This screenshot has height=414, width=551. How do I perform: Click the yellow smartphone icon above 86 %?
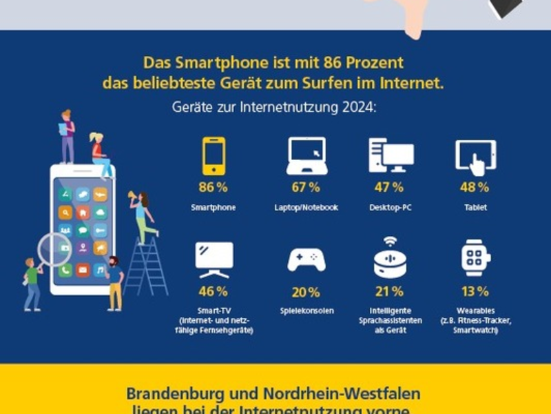(x=214, y=156)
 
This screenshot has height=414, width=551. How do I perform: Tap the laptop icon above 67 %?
(x=306, y=156)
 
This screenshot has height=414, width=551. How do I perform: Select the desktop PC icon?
(x=391, y=155)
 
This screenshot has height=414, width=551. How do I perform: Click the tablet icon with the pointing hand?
(x=475, y=157)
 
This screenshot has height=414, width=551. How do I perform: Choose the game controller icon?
(x=306, y=260)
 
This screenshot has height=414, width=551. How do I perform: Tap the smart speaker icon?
(x=391, y=258)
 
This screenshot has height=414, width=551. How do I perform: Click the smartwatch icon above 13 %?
(x=475, y=258)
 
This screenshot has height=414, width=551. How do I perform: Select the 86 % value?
(x=213, y=187)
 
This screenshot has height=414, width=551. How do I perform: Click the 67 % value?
(x=306, y=187)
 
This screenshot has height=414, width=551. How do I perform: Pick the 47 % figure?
(x=389, y=187)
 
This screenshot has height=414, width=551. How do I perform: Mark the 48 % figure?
(x=475, y=187)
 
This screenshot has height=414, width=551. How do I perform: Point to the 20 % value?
(x=305, y=293)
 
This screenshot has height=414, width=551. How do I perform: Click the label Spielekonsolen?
(x=306, y=311)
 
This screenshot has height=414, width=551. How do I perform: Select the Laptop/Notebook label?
(x=306, y=207)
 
